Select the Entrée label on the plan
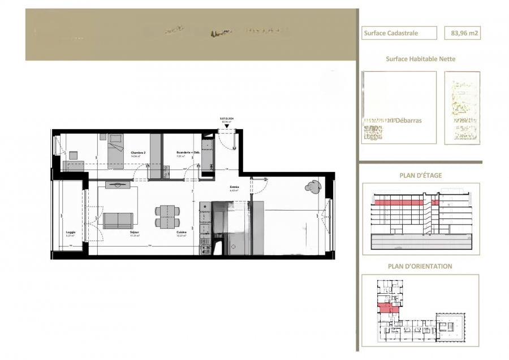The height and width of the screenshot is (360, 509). coord(234,187)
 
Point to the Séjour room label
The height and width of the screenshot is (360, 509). coord(135,233)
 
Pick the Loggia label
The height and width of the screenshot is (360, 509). coord(71,233)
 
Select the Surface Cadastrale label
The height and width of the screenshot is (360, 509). coord(399,33)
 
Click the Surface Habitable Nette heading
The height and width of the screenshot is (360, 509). coord(420,59)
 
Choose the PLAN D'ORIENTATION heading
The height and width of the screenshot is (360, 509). coord(420,266)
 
